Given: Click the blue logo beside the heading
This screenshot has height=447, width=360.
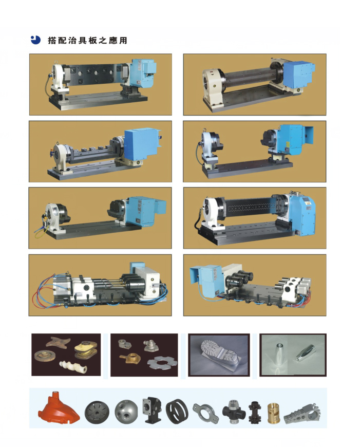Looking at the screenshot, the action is pyautogui.click(x=35, y=40).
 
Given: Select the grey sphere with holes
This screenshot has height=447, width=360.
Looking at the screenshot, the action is pyautogui.click(x=126, y=412).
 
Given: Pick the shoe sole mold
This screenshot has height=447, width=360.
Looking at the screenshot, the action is pyautogui.click(x=219, y=355).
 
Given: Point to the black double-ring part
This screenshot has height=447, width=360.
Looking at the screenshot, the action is pyautogui.click(x=177, y=412).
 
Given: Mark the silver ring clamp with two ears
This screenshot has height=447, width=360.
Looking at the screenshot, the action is pyautogui.click(x=205, y=411).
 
